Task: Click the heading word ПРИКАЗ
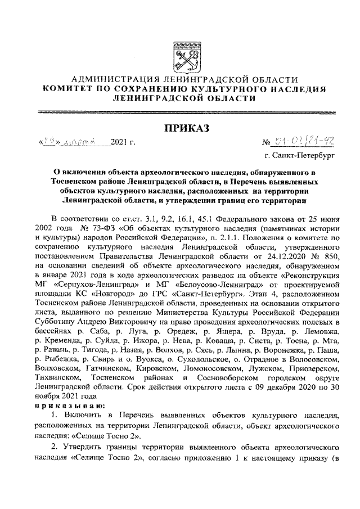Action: [x=186, y=129]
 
